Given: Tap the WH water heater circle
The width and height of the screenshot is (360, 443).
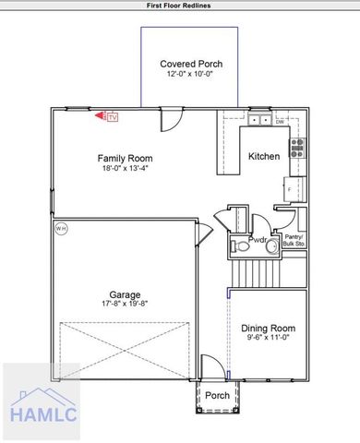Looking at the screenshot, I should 61,227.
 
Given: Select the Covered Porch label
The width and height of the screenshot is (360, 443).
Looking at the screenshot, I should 191,64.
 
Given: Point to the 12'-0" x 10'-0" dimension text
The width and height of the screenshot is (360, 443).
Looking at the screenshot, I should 191,75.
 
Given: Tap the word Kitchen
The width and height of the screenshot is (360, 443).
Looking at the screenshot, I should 264,157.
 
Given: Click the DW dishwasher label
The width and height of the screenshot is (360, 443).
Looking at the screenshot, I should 279,121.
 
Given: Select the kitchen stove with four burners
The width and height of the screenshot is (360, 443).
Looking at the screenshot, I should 297,146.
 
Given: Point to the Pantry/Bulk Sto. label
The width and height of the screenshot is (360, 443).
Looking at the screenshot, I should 295,241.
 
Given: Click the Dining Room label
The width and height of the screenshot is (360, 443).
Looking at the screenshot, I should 268,328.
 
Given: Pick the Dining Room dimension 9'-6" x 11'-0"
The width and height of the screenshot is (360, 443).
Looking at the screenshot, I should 268,339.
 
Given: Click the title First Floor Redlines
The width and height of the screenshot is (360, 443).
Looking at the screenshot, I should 180,5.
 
